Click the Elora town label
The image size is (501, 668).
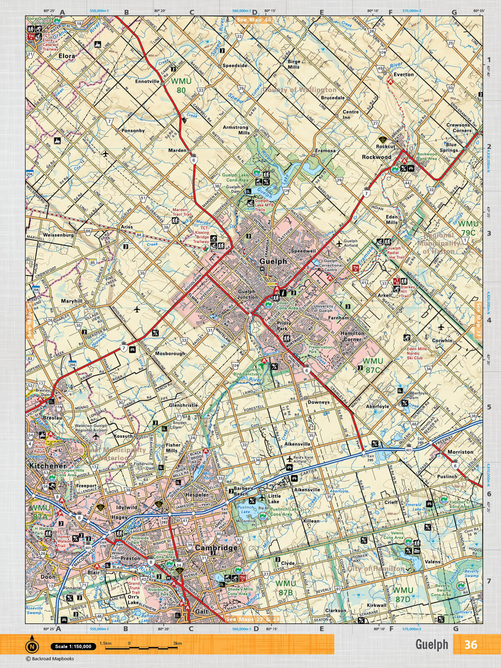point(67,56)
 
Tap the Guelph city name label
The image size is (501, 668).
point(273,261)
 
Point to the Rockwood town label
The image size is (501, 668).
point(377,157)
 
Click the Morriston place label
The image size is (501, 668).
point(460,452)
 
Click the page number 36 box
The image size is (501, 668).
point(471,645)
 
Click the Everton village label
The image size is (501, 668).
point(403,74)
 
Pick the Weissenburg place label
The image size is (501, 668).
point(58,235)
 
